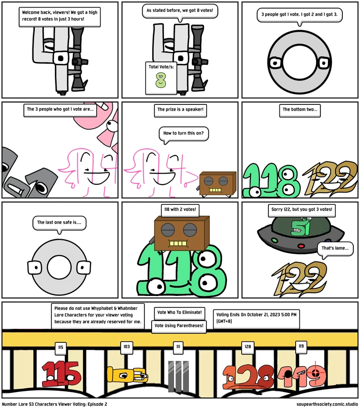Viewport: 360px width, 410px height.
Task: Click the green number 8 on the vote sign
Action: [x=161, y=80]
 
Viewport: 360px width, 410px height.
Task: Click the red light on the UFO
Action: [x=301, y=246]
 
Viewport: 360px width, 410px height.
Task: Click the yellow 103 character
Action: [x=127, y=376]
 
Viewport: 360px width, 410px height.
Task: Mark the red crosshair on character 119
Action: [x=315, y=373]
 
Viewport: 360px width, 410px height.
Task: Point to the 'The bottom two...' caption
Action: [x=300, y=110]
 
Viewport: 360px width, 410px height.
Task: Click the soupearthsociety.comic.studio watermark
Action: [x=327, y=404]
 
